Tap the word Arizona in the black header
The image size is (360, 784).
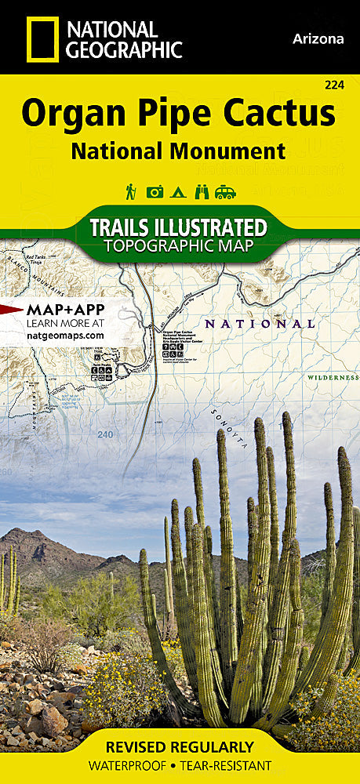tap(318, 38)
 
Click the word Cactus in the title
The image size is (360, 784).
tap(280, 114)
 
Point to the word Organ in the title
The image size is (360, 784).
tap(64, 114)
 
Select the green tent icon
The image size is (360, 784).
tap(179, 191)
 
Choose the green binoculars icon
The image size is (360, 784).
tap(202, 191)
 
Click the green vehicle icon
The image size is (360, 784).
tap(226, 191)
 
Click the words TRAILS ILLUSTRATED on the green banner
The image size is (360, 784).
tap(178, 227)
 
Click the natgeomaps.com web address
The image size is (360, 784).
tap(65, 335)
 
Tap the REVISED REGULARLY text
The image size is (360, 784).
tap(180, 746)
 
